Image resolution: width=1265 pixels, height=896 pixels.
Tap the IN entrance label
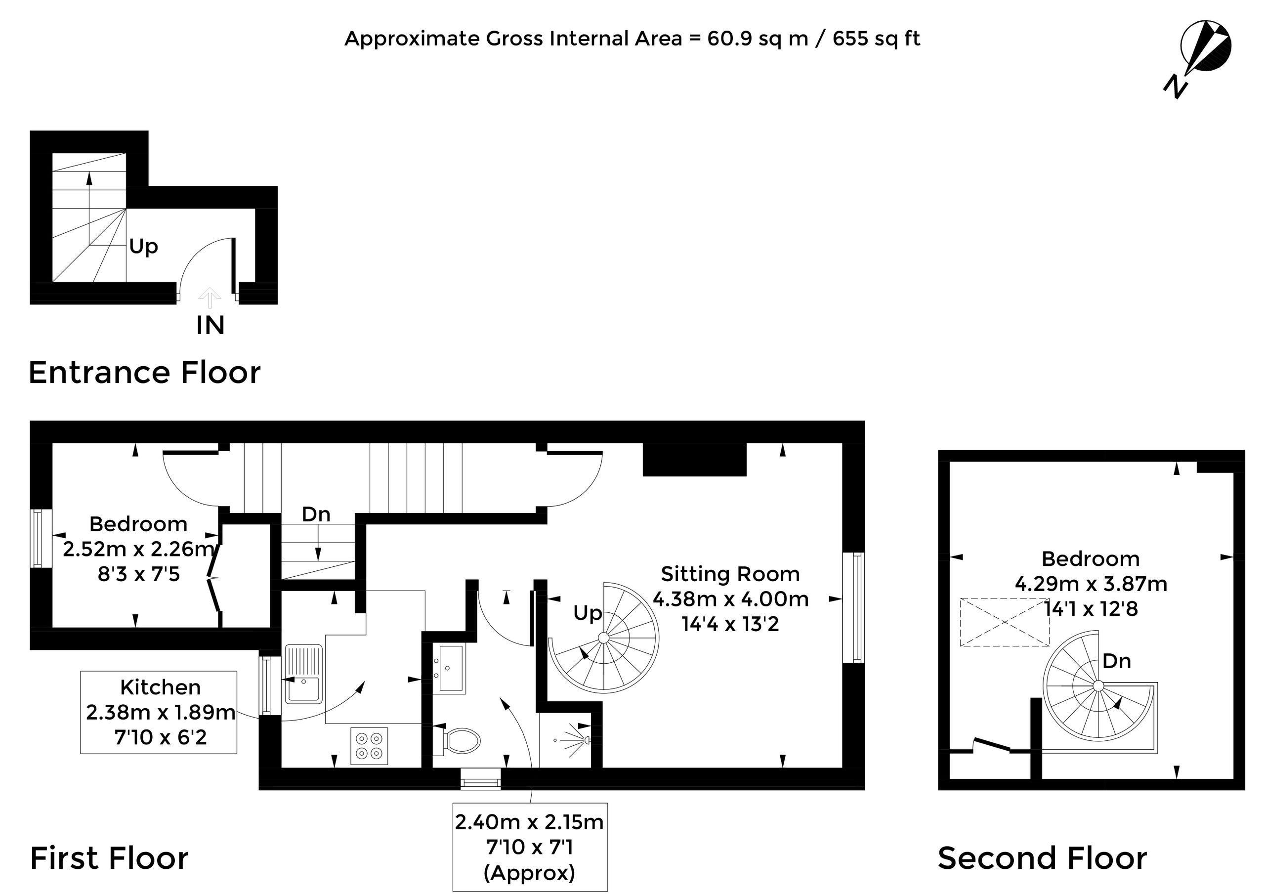tap(210, 326)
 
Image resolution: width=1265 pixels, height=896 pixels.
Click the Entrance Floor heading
tap(145, 373)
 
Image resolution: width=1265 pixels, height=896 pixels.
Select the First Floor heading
tap(109, 858)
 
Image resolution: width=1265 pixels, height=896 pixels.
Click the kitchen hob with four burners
tap(369, 746)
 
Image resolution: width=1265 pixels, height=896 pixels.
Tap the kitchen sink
tap(303, 674)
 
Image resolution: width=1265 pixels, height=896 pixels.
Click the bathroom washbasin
tap(449, 668)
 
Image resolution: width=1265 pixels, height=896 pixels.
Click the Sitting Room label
tap(730, 574)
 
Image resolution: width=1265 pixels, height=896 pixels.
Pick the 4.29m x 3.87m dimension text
tap(1091, 584)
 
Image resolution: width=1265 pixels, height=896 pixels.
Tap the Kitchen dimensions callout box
tap(159, 712)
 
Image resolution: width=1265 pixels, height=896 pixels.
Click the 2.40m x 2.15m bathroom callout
tap(530, 847)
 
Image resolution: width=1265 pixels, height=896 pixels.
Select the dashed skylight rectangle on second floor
tap(1005, 622)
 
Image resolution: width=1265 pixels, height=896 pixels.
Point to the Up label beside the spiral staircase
tap(588, 613)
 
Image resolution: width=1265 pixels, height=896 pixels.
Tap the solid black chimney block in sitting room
tap(695, 460)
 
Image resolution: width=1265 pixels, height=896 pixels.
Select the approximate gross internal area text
tap(632, 39)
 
